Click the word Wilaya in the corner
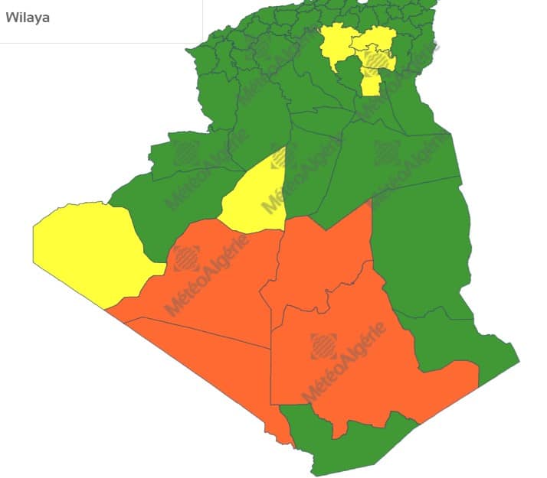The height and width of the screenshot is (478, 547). click(x=28, y=18)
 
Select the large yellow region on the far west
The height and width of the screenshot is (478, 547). click(x=84, y=249)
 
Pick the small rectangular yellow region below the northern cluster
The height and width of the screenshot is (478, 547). click(x=371, y=82)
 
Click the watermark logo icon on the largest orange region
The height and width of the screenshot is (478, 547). click(x=323, y=346)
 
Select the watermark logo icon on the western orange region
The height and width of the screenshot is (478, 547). click(x=186, y=259)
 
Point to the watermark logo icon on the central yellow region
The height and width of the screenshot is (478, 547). click(x=281, y=158)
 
